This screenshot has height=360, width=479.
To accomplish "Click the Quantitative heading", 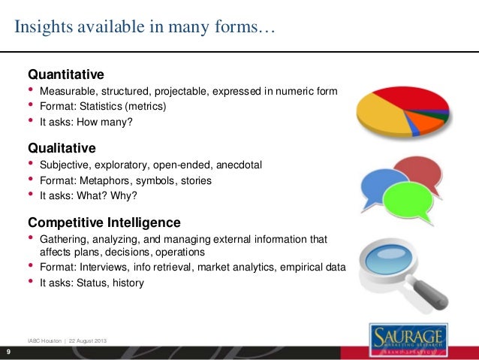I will coord(65,75).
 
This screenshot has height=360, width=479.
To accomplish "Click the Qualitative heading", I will coord(62,148).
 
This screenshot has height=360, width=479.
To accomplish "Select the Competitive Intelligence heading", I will coord(104,222).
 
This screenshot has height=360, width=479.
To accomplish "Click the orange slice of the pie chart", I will coord(429,121).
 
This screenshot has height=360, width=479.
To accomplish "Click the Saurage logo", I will coord(409,337).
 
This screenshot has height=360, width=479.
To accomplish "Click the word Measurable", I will coord(66,92).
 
